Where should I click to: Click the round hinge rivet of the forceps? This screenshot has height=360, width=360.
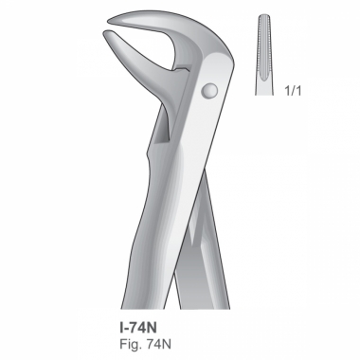[x=209, y=91]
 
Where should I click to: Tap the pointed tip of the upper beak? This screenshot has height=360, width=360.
[x=108, y=21]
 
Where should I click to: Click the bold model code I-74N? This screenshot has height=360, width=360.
[x=138, y=328]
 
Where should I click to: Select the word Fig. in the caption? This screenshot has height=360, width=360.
[x=131, y=344]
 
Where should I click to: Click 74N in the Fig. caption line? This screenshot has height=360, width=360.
[x=158, y=344]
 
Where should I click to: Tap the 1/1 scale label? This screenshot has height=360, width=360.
[x=293, y=91]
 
